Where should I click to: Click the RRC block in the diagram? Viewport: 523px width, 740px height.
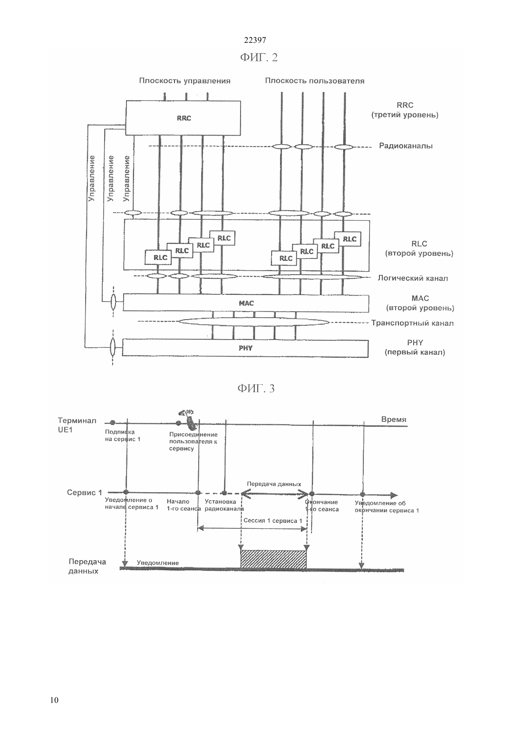[183, 118]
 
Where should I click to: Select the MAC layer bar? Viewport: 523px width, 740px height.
[246, 303]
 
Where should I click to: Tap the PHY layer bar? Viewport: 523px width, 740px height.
[245, 348]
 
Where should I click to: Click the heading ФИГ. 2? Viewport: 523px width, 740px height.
[259, 58]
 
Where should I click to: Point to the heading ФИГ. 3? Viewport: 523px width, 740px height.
[256, 388]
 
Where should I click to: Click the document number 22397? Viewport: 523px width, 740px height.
[255, 40]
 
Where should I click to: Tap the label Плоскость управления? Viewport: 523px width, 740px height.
[184, 81]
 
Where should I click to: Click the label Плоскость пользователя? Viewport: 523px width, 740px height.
[315, 81]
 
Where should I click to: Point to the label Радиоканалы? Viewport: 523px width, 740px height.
[406, 146]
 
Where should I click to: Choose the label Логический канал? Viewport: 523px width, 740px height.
[413, 278]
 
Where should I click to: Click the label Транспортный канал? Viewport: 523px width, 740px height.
[412, 323]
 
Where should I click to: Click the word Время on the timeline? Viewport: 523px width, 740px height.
[394, 419]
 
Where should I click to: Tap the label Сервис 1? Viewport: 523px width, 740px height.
[84, 493]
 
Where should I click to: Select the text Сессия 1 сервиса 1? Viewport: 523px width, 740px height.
[273, 521]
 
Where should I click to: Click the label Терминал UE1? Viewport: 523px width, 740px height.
[77, 425]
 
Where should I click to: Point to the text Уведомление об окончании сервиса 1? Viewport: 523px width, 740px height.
[387, 507]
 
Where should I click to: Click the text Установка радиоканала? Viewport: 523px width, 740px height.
[224, 505]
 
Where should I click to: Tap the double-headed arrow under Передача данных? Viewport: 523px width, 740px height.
[275, 494]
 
